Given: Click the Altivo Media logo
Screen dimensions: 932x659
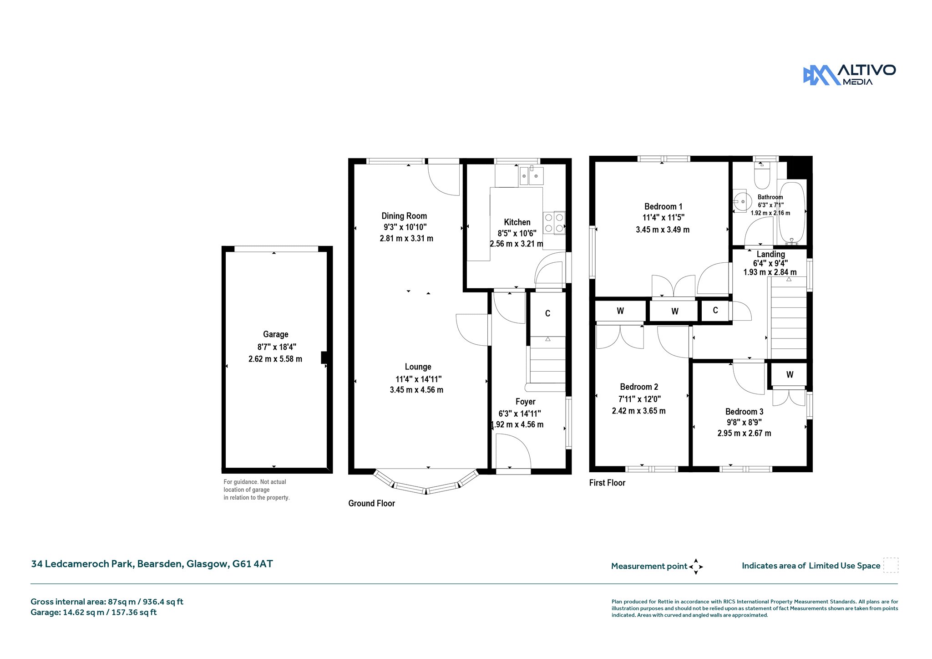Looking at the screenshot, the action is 849,75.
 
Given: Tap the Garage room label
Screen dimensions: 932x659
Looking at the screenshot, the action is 275,334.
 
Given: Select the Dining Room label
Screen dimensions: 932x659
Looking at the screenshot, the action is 404,216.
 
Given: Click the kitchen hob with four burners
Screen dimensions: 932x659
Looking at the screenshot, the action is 554,223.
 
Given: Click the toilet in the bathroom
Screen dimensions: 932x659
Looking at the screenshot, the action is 762,175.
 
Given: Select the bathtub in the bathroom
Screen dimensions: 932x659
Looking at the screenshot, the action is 792,212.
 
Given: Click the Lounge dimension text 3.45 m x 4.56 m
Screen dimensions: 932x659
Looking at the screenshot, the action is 416,390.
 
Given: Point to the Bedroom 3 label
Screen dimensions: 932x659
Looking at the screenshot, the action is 745,412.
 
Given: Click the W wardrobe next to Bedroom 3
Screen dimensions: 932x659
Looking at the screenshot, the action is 790,375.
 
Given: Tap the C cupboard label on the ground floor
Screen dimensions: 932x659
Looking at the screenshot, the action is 547,313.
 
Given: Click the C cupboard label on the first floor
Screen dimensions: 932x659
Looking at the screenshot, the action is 715,310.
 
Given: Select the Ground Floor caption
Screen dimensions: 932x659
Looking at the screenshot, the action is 371,503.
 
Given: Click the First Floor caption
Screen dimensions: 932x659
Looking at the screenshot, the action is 607,483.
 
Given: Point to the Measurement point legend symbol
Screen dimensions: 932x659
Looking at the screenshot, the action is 696,567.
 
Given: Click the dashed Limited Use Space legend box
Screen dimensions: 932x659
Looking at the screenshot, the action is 891,565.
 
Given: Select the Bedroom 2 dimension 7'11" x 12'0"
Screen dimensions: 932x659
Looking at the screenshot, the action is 639,399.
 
